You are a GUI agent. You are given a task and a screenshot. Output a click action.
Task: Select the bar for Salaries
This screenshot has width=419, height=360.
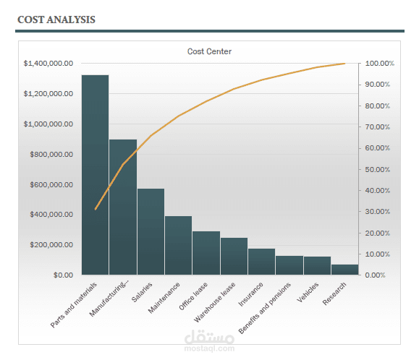pyautogui.click(x=151, y=231)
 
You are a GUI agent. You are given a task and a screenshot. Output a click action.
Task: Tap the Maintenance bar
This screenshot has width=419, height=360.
pyautogui.click(x=178, y=245)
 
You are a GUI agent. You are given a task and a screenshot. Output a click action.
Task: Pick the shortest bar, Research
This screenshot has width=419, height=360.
pyautogui.click(x=345, y=270)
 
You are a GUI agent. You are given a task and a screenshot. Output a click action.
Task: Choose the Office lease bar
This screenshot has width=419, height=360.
pyautogui.click(x=206, y=253)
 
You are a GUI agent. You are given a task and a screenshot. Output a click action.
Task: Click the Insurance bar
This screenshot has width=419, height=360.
pyautogui.click(x=261, y=262)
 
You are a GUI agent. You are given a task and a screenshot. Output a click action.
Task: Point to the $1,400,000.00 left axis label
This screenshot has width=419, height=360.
pyautogui.click(x=48, y=64)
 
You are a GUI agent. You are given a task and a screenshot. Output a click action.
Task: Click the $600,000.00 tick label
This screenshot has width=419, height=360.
pyautogui.click(x=51, y=184)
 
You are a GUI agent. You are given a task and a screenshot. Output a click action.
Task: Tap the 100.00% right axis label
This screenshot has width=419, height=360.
pyautogui.click(x=379, y=64)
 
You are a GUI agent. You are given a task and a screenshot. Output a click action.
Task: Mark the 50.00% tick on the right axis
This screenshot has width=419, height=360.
pyautogui.click(x=378, y=169)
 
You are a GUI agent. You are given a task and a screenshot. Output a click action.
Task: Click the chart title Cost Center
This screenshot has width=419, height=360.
pyautogui.click(x=209, y=51)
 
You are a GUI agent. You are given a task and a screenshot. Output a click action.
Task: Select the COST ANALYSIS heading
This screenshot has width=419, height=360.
pyautogui.click(x=56, y=18)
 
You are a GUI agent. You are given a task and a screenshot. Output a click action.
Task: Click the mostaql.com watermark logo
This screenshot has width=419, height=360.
pyautogui.click(x=210, y=340)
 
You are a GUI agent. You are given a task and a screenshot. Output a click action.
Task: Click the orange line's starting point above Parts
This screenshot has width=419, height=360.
pyautogui.click(x=96, y=209)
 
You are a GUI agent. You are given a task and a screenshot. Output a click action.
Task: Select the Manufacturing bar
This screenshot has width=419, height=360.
pyautogui.click(x=123, y=207)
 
